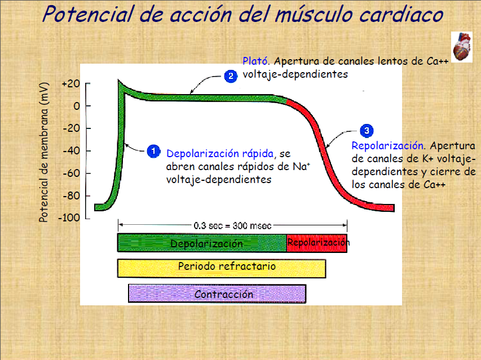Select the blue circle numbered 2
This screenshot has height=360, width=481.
(230, 76)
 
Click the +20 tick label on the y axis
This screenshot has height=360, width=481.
(72, 84)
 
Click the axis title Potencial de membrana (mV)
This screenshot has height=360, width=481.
(43, 150)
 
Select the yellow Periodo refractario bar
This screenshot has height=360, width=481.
(222, 267)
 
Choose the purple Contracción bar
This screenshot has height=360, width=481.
(217, 294)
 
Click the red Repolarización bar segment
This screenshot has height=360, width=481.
(317, 243)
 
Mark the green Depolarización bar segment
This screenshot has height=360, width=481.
(202, 243)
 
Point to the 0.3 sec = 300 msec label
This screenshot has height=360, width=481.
(232, 225)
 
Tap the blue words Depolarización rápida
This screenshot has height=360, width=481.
(220, 153)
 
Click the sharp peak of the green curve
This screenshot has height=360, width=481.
(119, 82)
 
